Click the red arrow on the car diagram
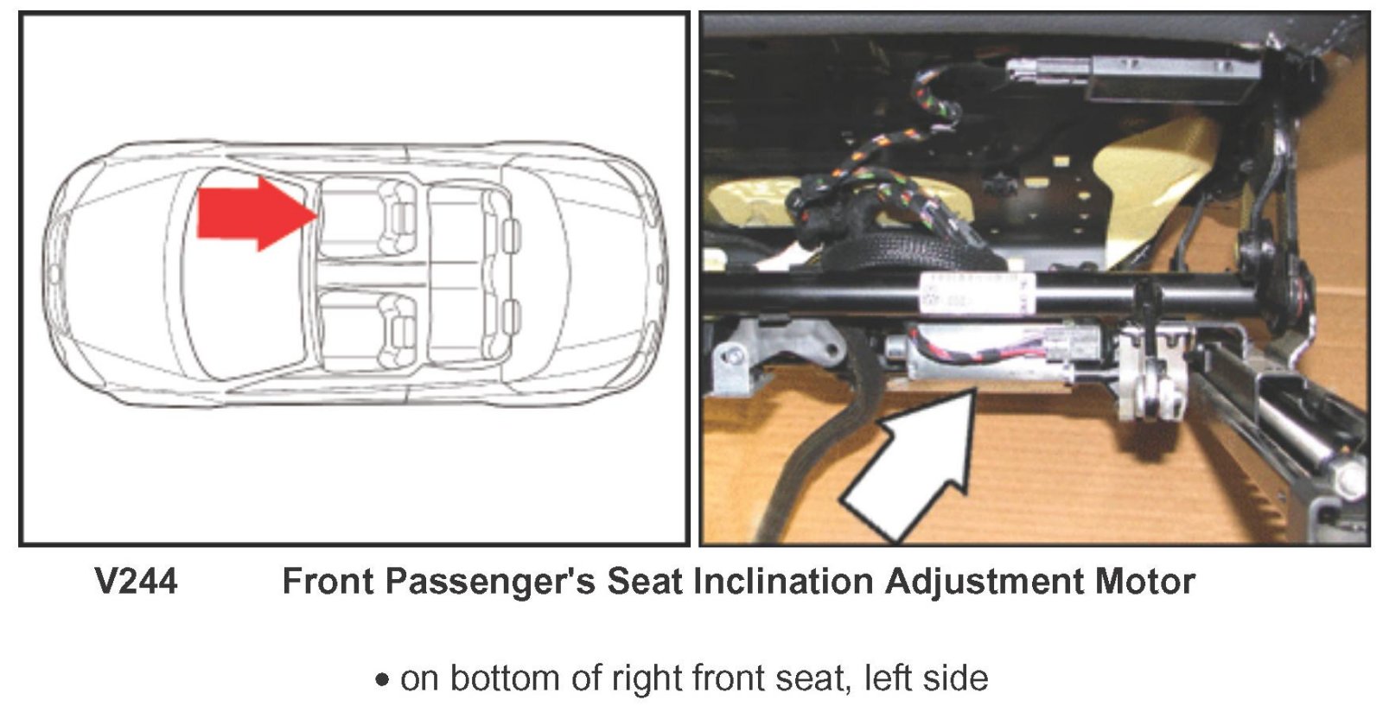pyautogui.click(x=256, y=214)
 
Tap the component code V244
pyautogui.click(x=137, y=582)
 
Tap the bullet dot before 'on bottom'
pyautogui.click(x=382, y=679)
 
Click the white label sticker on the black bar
pyautogui.click(x=977, y=293)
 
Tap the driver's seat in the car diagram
pyautogui.click(x=368, y=331)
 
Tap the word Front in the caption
pyautogui.click(x=328, y=582)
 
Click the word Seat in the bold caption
pyautogui.click(x=645, y=582)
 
